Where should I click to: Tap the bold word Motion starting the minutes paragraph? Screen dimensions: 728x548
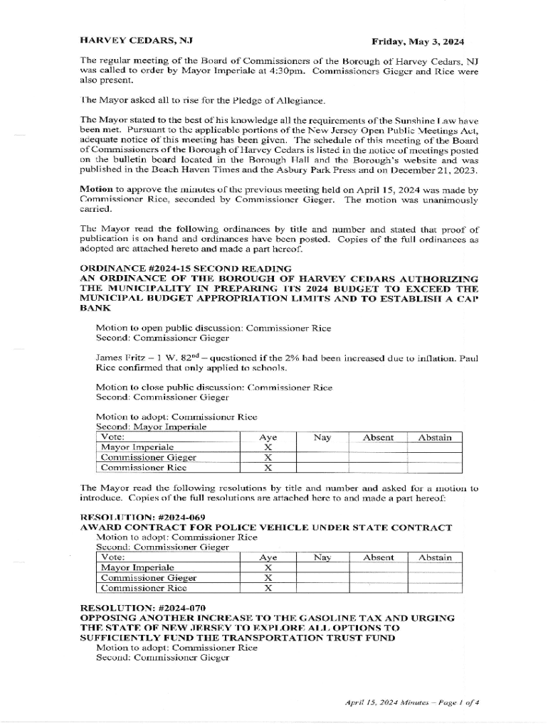point(95,190)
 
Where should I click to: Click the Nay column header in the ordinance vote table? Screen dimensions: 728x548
point(322,438)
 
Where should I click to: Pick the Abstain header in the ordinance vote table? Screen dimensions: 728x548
point(434,438)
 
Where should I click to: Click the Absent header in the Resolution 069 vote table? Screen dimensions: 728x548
point(378,557)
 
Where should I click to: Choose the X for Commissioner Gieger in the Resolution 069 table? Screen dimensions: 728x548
point(268,578)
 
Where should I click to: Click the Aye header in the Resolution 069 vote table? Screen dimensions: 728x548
point(268,557)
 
